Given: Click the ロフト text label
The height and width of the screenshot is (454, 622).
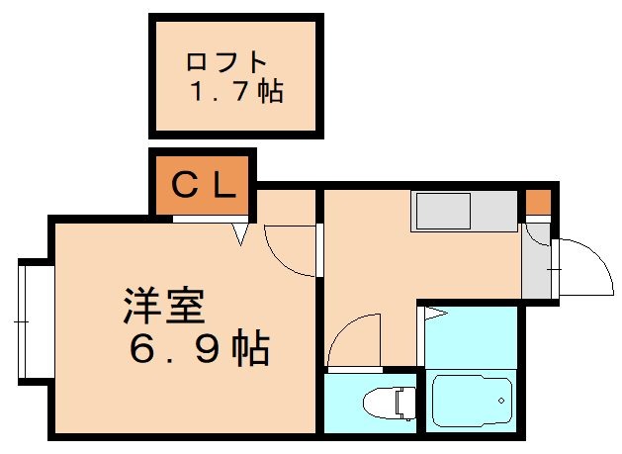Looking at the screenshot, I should pyautogui.click(x=226, y=61).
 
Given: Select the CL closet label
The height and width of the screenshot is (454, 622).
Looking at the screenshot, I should pyautogui.click(x=204, y=185).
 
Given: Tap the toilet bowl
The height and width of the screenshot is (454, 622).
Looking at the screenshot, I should pyautogui.click(x=380, y=404).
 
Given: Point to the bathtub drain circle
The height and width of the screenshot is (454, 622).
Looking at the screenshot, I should pyautogui.click(x=501, y=401).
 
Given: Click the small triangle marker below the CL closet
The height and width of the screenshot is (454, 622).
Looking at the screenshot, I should pyautogui.click(x=239, y=232).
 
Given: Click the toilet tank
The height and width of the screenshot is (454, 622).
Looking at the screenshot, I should pyautogui.click(x=402, y=403).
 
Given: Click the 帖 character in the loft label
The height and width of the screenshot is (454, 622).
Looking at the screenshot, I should pyautogui.click(x=270, y=93).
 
